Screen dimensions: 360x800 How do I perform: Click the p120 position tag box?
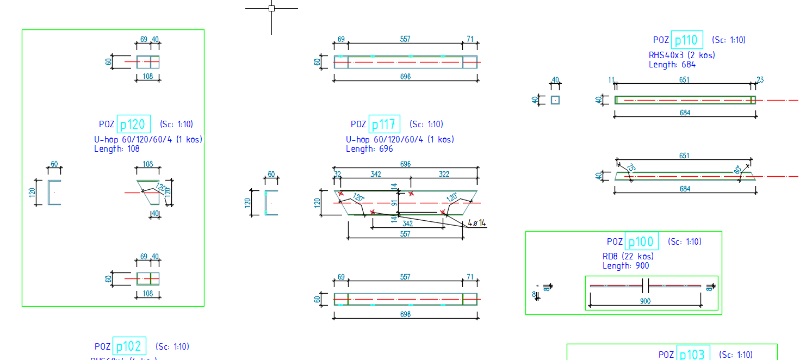(133, 125)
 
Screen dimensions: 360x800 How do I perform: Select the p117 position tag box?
(384, 125)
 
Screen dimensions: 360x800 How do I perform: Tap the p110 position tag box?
(687, 40)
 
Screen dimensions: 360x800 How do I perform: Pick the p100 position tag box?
(642, 241)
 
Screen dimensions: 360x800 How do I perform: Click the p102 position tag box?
(129, 346)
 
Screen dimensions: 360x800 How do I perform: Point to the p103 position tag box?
(693, 354)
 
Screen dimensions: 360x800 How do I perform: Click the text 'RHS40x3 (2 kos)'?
(681, 55)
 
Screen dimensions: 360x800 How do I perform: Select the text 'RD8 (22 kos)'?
(628, 256)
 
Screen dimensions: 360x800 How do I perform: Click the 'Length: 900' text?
(625, 266)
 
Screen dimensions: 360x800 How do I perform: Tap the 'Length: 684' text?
(672, 64)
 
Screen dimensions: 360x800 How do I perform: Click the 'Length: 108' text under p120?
(116, 148)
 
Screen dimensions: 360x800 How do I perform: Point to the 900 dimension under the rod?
(646, 301)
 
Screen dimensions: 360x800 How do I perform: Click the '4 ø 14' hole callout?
(476, 223)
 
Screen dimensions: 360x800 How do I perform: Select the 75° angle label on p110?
(631, 168)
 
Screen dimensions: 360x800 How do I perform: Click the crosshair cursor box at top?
(271, 8)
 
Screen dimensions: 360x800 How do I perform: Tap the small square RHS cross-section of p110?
(555, 100)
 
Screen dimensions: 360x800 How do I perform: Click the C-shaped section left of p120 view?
(54, 192)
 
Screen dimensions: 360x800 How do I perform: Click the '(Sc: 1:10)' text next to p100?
(684, 241)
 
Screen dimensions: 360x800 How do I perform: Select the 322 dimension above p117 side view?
(444, 174)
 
